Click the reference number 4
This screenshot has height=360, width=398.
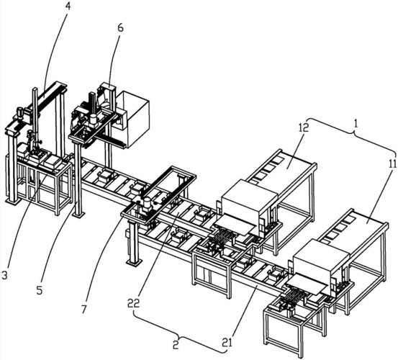(67, 5)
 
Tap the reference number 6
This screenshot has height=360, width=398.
(121, 27)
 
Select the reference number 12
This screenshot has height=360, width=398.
(304, 127)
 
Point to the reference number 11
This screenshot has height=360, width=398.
(392, 163)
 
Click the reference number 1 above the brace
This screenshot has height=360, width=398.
(356, 124)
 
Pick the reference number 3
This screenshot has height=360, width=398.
(4, 275)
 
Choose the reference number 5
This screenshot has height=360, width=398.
(40, 290)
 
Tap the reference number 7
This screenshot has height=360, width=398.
(84, 309)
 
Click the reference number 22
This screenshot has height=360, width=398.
(134, 304)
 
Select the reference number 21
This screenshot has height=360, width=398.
(227, 343)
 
